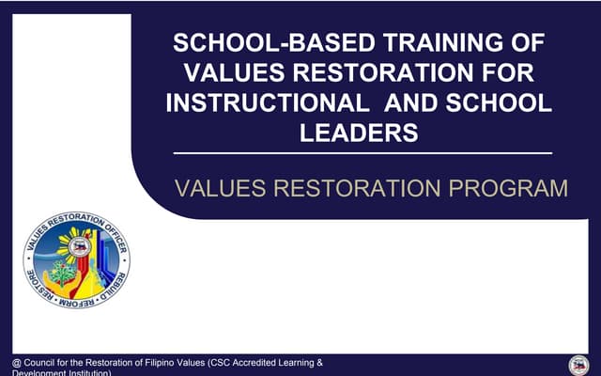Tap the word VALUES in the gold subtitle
point(218,188)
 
